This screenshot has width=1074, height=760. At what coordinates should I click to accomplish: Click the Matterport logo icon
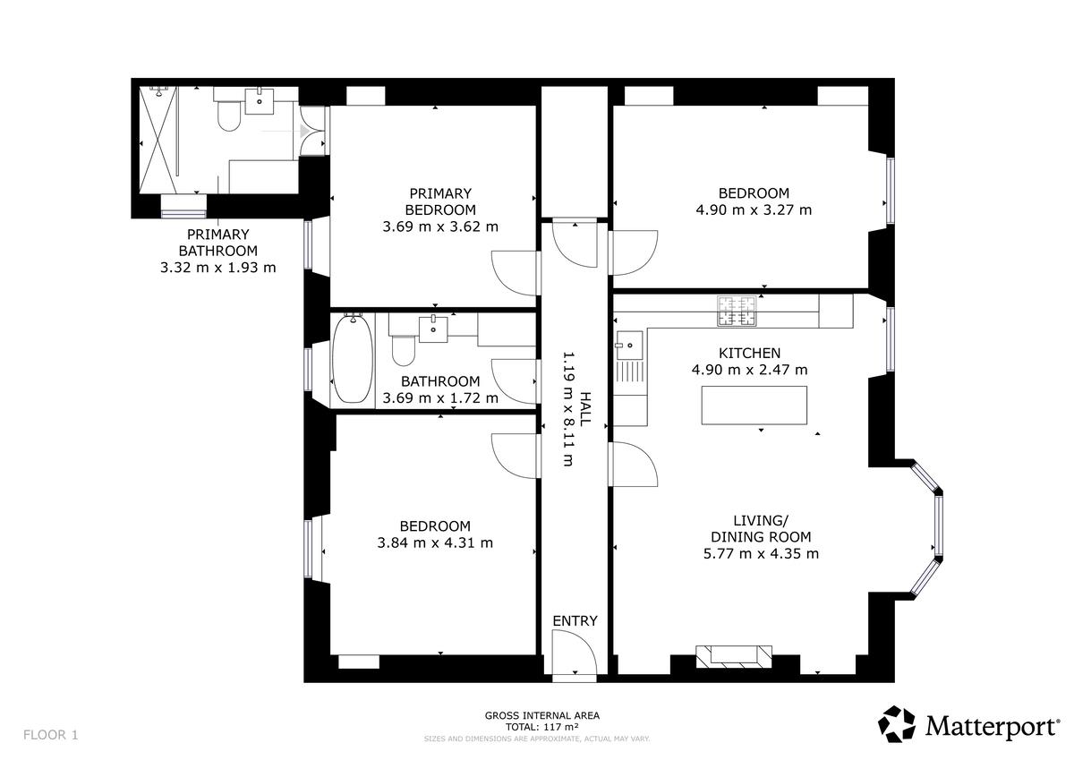click(896, 723)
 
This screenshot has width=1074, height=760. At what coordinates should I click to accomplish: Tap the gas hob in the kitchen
click(737, 311)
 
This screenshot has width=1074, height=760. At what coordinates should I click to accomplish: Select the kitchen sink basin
click(629, 346)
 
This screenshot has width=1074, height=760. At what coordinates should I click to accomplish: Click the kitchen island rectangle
click(754, 406)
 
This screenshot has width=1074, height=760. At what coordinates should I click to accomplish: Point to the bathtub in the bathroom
click(353, 358)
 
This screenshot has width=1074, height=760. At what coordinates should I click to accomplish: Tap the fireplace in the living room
click(734, 656)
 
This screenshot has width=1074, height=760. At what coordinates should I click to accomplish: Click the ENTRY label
click(575, 621)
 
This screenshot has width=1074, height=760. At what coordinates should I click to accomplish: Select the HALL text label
click(585, 409)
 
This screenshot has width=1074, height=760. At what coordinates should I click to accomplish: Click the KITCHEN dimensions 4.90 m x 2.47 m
click(749, 370)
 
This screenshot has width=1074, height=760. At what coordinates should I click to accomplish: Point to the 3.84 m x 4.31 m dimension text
click(435, 542)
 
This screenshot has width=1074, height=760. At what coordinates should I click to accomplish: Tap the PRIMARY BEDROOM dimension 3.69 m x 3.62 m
click(440, 226)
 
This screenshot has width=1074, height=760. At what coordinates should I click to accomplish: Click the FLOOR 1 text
click(50, 735)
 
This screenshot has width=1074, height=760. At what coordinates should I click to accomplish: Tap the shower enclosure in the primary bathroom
click(158, 140)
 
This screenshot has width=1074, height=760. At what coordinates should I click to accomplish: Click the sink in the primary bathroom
click(260, 101)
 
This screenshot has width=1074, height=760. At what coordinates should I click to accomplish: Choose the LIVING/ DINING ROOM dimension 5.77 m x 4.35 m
click(761, 554)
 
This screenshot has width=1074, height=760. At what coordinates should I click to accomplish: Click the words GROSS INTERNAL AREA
click(541, 716)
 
